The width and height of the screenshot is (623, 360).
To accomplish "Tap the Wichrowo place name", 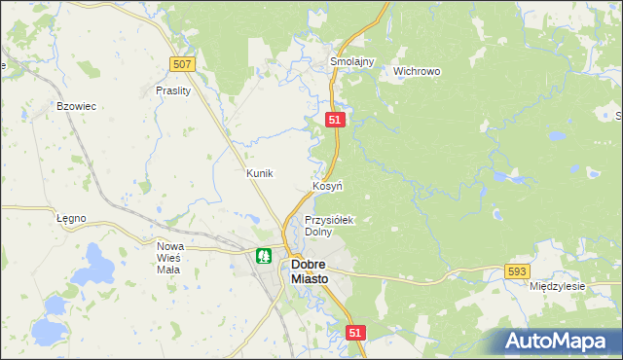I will [417, 71].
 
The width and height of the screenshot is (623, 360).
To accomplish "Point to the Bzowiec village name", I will [76, 106].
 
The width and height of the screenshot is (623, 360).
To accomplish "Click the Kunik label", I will [260, 173].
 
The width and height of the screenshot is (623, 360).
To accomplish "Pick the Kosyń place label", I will [326, 185].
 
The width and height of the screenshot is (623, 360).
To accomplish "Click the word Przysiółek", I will [330, 220].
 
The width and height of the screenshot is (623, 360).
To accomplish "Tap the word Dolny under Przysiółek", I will [318, 233].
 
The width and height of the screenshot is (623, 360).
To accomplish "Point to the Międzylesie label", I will [557, 287].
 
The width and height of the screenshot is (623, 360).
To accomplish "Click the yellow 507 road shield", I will [182, 64].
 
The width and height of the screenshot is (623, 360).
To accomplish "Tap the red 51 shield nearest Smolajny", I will [335, 119].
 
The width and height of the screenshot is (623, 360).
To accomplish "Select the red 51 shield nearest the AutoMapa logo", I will [355, 333].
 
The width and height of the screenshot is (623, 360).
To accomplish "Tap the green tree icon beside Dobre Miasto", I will [263, 257].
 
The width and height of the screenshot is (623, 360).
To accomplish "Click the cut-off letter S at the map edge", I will [618, 117].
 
